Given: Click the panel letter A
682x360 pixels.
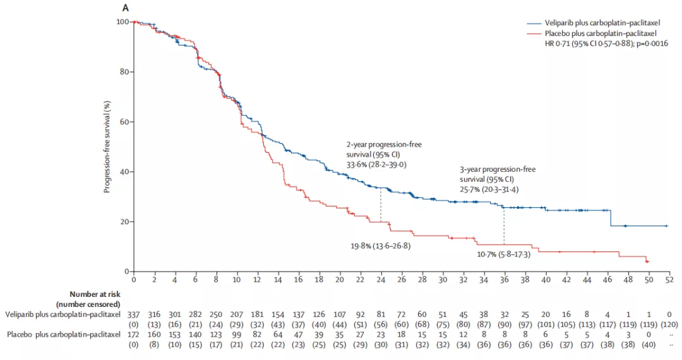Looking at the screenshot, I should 126,8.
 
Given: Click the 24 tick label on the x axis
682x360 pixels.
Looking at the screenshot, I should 381,279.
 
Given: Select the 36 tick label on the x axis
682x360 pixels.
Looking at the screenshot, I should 504,279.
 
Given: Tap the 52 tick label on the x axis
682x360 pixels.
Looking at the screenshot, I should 669,279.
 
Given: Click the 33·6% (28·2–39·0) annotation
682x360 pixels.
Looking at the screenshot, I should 377,164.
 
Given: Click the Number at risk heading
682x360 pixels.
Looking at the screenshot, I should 94,294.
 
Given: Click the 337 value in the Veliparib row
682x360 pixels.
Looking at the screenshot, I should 134,314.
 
